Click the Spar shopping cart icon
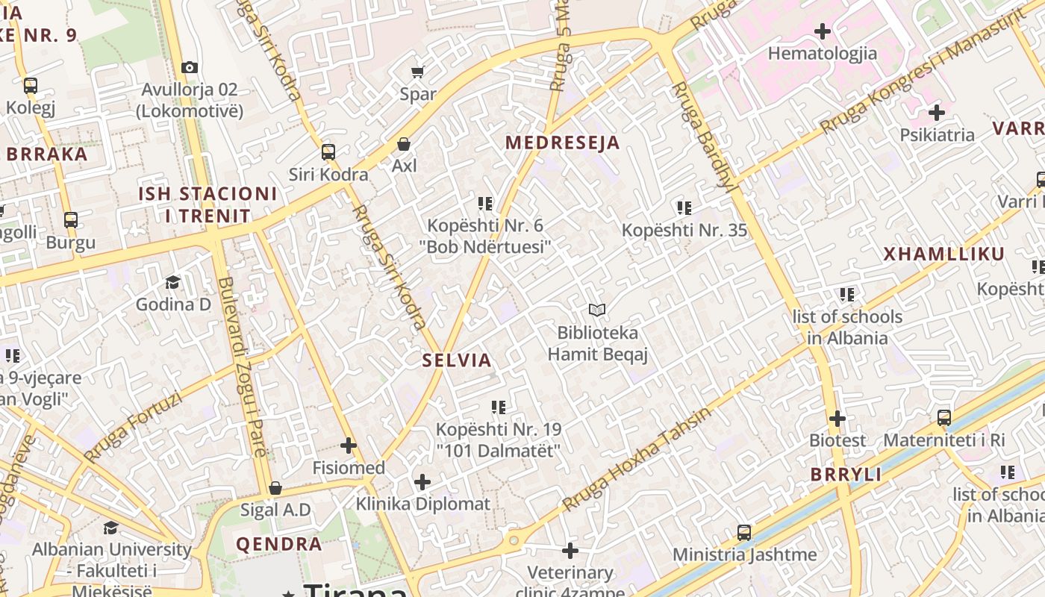pyautogui.click(x=417, y=72)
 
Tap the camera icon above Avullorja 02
pyautogui.click(x=189, y=67)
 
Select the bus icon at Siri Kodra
pyautogui.click(x=328, y=152)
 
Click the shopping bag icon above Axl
pyautogui.click(x=404, y=143)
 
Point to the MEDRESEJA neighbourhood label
pyautogui.click(x=563, y=143)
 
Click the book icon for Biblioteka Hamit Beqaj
pyautogui.click(x=597, y=310)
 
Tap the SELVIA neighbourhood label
pyautogui.click(x=457, y=360)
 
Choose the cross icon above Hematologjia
pyautogui.click(x=823, y=31)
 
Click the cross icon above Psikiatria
pyautogui.click(x=937, y=113)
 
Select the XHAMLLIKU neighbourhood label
pyautogui.click(x=944, y=254)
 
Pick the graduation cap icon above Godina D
pyautogui.click(x=173, y=282)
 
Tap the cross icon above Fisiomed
pyautogui.click(x=349, y=446)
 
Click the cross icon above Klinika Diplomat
pyautogui.click(x=422, y=482)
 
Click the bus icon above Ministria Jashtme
pyautogui.click(x=744, y=533)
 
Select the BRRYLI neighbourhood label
pyautogui.click(x=846, y=475)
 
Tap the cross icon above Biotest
pyautogui.click(x=837, y=419)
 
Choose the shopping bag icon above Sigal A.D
pyautogui.click(x=275, y=488)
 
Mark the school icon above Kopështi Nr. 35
pyautogui.click(x=684, y=208)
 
